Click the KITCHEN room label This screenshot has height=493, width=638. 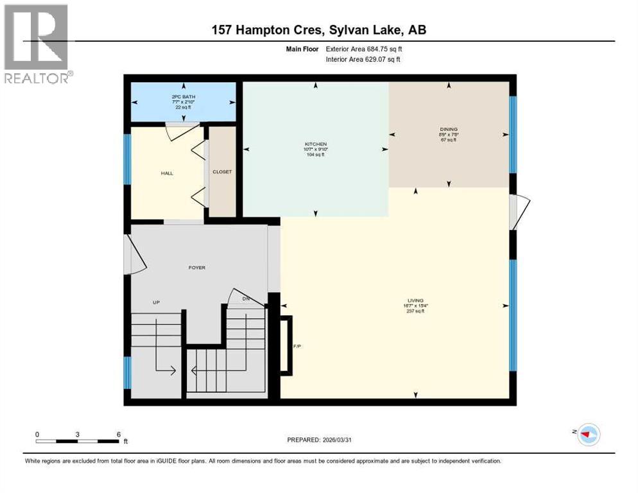click(315, 144)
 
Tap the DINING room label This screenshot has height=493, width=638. click(449, 129)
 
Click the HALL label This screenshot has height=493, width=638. click(167, 173)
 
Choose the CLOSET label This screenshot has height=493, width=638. click(222, 171)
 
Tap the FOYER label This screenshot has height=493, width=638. click(197, 267)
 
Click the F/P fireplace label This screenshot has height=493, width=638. click(297, 346)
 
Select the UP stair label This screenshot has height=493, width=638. click(156, 302)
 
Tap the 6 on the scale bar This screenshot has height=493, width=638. click(118, 434)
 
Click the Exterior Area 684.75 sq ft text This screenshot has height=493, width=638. click(366, 48)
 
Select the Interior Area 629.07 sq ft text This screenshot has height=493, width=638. click(366, 60)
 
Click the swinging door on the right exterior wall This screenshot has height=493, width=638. click(520, 212)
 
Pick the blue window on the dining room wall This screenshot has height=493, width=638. click(513, 134)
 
